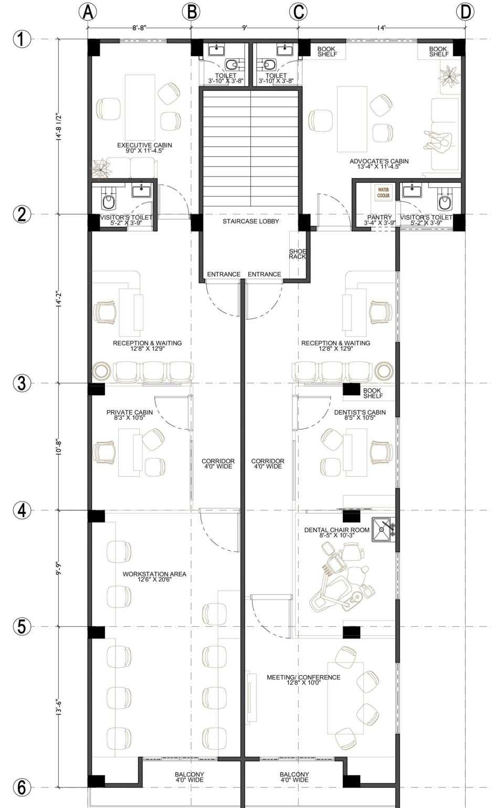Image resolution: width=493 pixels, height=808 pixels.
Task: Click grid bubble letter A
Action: click(x=88, y=13)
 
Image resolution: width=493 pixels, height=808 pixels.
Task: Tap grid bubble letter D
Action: click(x=465, y=13)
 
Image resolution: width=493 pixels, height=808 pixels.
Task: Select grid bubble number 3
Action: click(x=22, y=383)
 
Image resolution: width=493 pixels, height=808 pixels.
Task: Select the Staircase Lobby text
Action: click(x=250, y=221)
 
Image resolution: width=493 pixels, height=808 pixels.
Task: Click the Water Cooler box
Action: click(x=383, y=192)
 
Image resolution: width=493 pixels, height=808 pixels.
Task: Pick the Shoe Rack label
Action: click(x=298, y=254)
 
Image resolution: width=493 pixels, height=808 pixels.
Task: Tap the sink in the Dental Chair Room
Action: click(x=383, y=530)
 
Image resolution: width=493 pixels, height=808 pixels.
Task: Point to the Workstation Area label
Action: click(x=154, y=576)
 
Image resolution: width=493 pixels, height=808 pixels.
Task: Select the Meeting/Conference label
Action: click(x=303, y=680)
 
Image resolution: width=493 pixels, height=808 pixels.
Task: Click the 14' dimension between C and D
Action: click(x=382, y=28)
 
